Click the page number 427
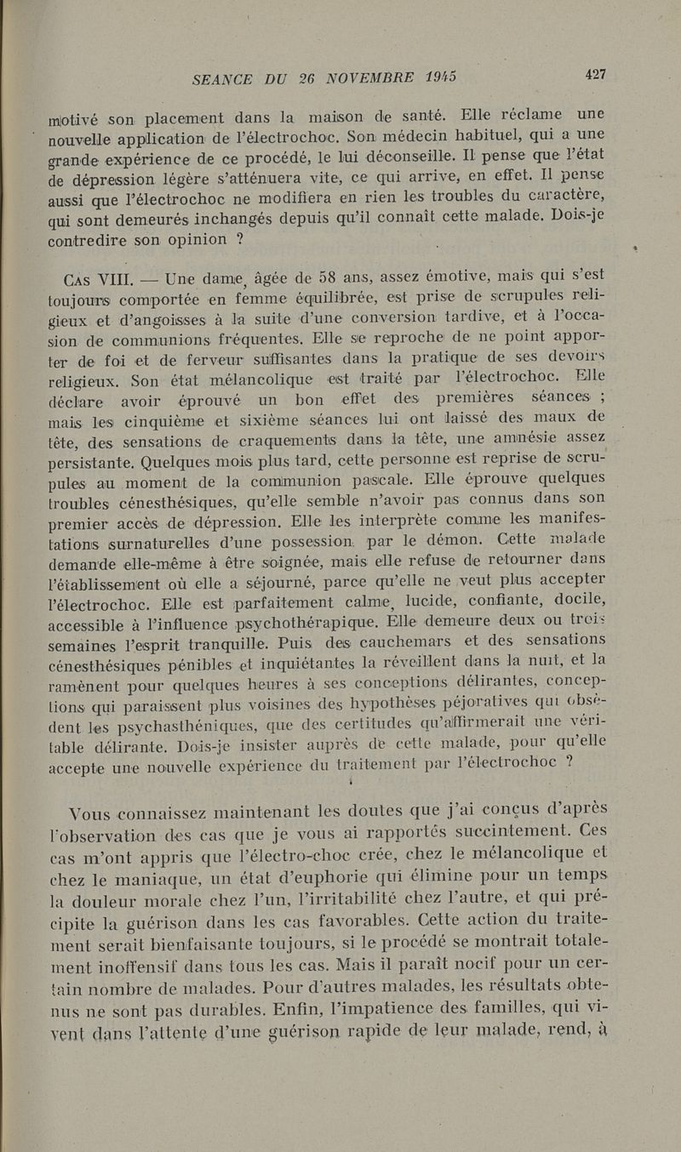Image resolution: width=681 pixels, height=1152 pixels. point(595,74)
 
